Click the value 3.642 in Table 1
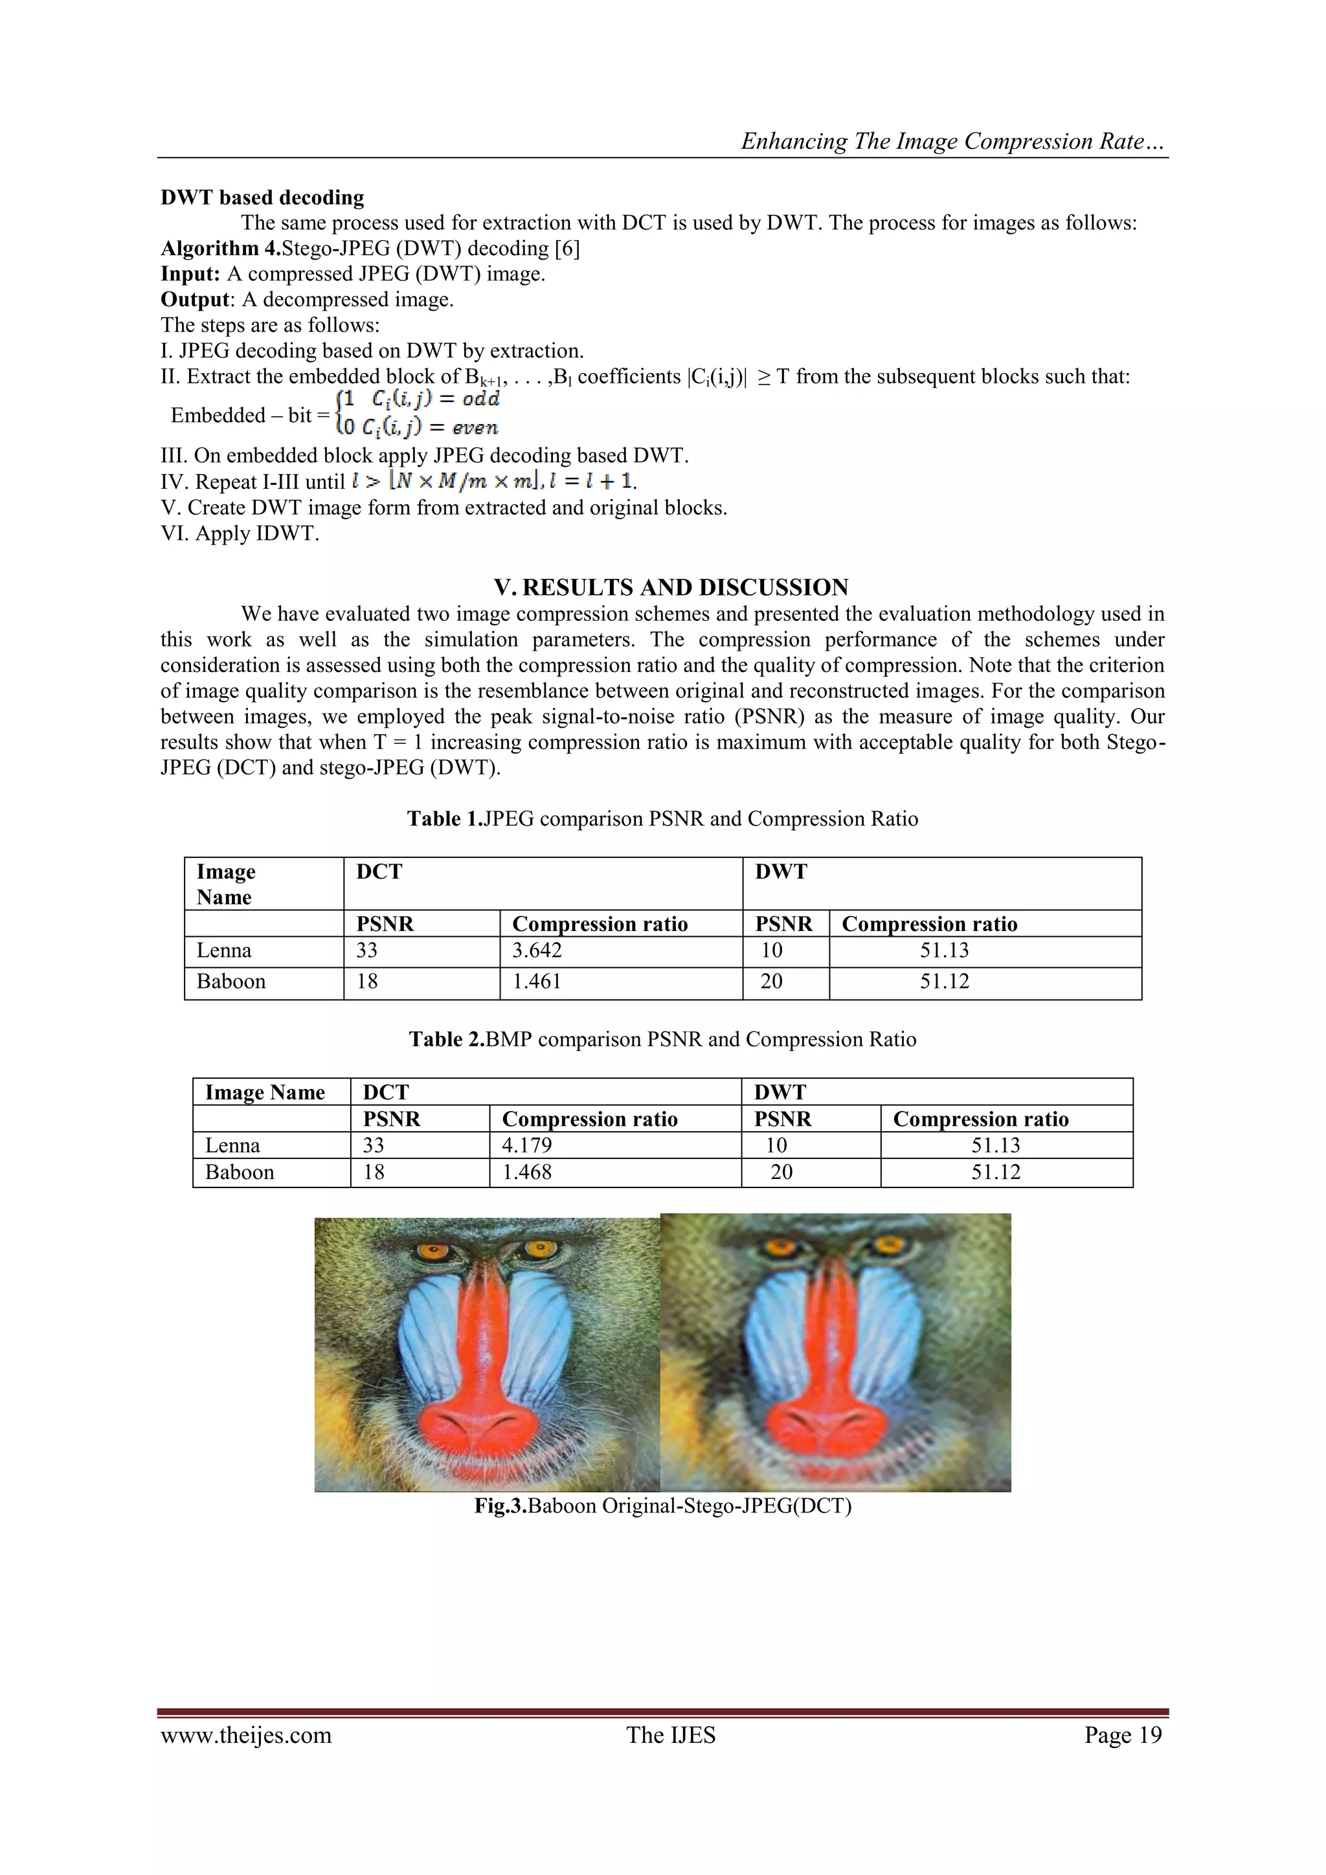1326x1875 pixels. coord(537,950)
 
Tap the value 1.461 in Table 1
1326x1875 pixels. coord(537,982)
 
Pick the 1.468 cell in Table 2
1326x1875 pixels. coord(526,1172)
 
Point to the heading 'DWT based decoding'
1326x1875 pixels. coord(262,197)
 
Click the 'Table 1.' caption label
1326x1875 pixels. coord(444,819)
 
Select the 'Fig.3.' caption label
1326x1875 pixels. coord(500,1506)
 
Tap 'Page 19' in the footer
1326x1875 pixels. coord(1123,1735)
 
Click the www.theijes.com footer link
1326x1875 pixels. coord(246,1735)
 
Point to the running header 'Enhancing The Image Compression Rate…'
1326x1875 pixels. coord(953,141)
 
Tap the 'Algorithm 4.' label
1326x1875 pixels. coord(220,248)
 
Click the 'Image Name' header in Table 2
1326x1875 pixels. coord(265,1093)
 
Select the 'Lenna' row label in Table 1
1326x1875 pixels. coord(224,950)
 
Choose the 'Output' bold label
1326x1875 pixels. coord(195,300)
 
